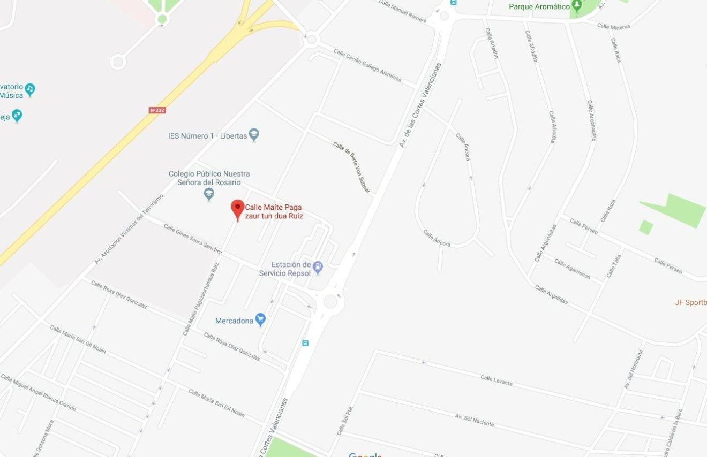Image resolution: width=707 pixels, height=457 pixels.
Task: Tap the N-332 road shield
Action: (157, 110)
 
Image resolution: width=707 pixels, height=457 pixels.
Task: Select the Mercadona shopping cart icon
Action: (261, 320)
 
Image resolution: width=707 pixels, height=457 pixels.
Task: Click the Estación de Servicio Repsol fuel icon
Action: (318, 266)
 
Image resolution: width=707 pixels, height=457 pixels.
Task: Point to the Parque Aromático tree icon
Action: (577, 6)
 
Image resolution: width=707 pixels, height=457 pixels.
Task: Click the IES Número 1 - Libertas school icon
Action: (254, 135)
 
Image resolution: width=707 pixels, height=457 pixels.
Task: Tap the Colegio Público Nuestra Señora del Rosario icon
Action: (209, 194)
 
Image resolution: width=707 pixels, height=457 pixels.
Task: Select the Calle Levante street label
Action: (496, 380)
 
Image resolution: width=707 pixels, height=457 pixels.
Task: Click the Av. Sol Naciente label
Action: (474, 420)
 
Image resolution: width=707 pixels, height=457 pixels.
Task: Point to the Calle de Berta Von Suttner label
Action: (351, 166)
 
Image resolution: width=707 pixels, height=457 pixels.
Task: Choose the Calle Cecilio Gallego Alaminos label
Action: (367, 65)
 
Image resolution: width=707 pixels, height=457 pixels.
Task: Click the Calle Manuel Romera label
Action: (402, 11)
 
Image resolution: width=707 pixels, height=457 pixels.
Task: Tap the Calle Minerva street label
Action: (613, 26)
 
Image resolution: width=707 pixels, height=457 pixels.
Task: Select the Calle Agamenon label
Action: (572, 269)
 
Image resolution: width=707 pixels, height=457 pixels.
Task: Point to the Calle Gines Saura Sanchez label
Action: (193, 239)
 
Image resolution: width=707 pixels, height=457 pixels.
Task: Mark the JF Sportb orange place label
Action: (691, 302)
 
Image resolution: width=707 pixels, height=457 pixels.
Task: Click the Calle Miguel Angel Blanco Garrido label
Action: (38, 393)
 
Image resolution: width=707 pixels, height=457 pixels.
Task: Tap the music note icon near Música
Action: (30, 88)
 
